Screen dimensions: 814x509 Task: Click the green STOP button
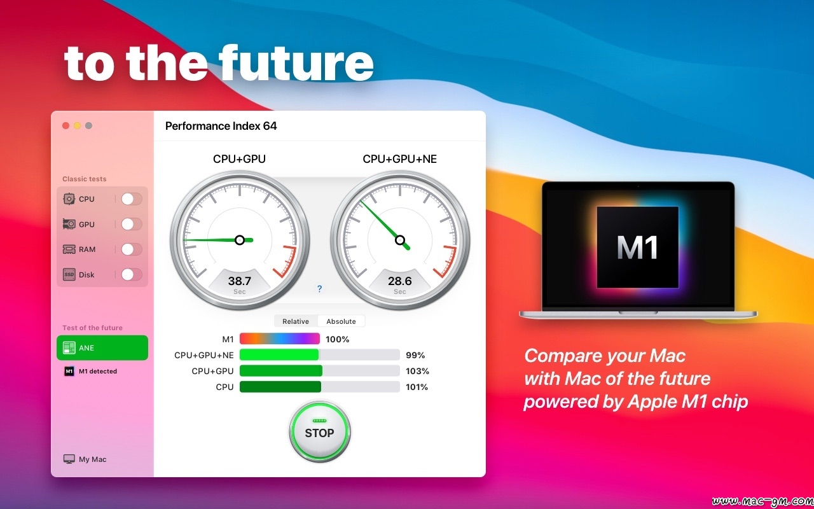point(319,431)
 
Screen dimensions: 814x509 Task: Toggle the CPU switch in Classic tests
point(132,199)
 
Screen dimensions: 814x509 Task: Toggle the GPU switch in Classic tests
point(132,224)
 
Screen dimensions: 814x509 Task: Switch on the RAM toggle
point(132,249)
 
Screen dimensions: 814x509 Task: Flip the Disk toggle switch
point(132,274)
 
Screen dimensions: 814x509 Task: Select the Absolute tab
point(341,321)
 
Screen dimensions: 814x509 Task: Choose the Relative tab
point(296,321)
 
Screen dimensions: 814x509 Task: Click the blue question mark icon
point(319,289)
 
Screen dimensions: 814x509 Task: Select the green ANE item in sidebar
point(102,348)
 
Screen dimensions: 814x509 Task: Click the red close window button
point(66,126)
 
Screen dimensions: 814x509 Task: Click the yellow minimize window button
point(77,126)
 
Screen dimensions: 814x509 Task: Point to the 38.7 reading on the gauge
point(240,281)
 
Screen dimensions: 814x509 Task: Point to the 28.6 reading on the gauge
point(400,281)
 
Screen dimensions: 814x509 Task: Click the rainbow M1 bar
point(279,339)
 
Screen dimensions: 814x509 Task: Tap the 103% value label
point(417,371)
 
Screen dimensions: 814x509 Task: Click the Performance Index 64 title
point(221,126)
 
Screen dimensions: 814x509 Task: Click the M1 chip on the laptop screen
point(637,248)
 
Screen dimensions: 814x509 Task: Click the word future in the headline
point(296,62)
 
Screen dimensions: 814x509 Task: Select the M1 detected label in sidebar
point(98,371)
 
